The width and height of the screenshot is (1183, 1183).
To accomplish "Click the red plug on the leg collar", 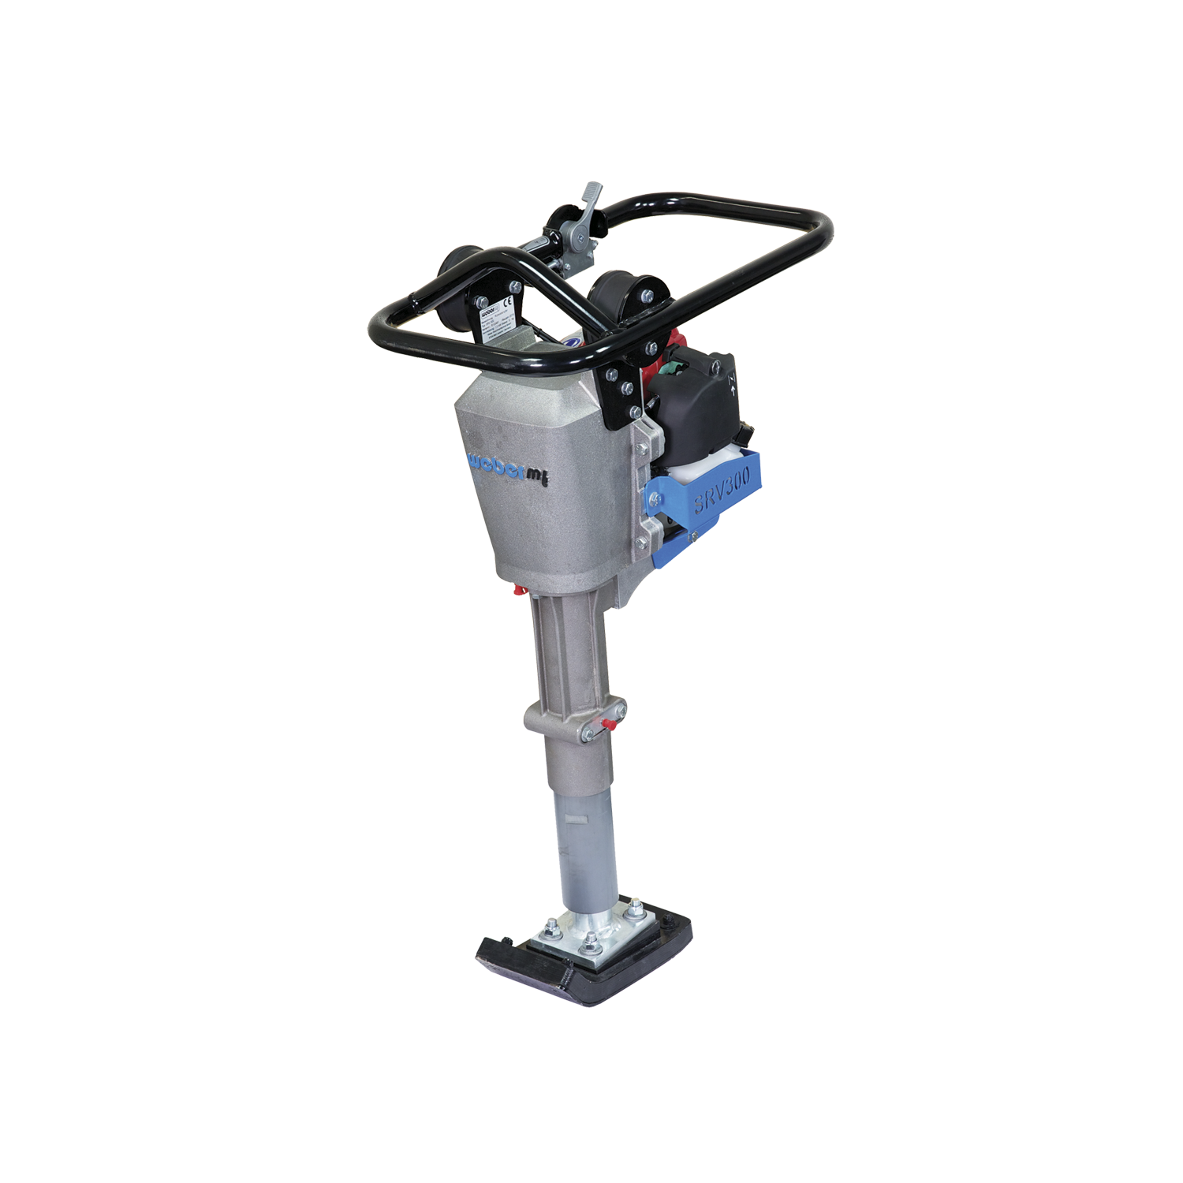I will [x=608, y=723].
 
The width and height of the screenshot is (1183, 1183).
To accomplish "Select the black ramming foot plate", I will [x=584, y=958].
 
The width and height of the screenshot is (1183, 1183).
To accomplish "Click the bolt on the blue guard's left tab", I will [x=653, y=498].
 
